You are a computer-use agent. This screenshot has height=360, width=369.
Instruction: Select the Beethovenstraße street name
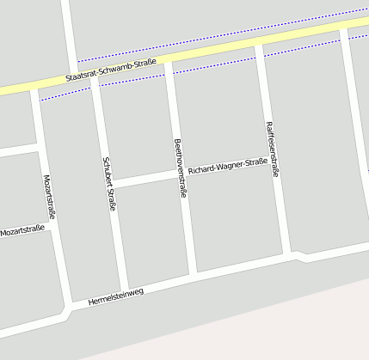pos(180,168)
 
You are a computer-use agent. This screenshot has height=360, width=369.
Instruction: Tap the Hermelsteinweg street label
pos(115,296)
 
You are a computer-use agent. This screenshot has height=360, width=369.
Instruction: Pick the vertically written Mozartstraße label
pos(48,198)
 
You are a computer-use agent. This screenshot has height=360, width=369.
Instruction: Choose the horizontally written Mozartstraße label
pos(22,230)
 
